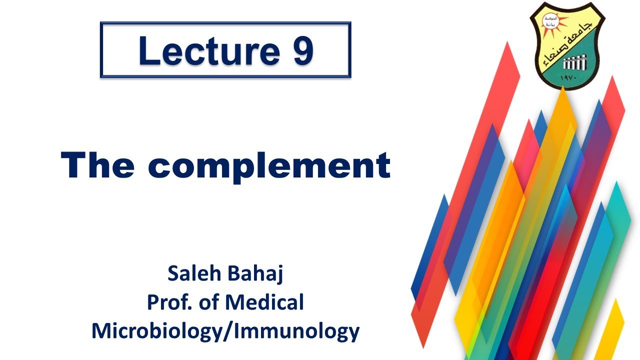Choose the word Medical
coord(264,302)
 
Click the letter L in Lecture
coord(146,51)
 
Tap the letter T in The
coord(73,165)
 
